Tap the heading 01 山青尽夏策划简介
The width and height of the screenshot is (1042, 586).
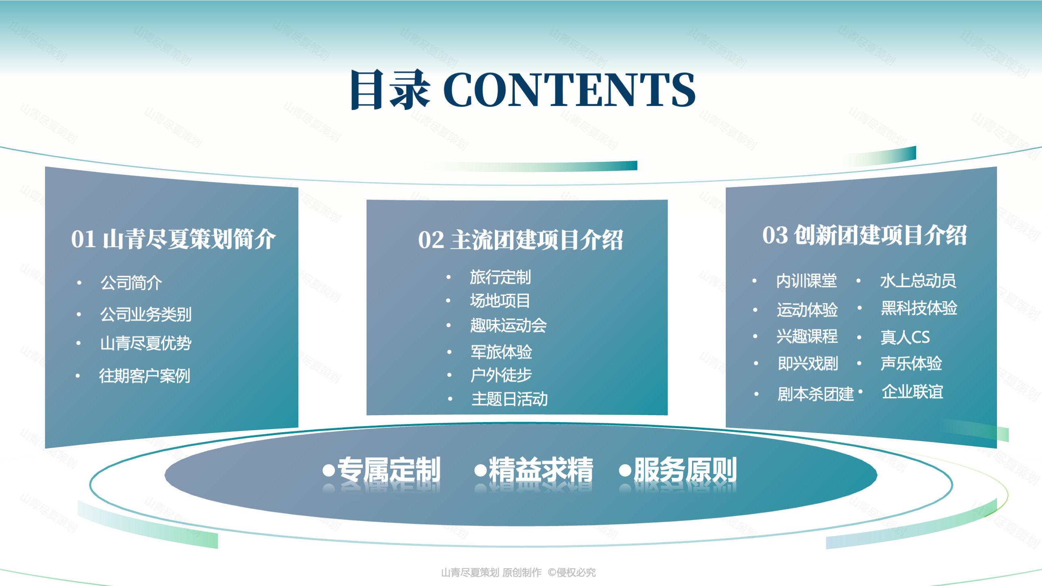pos(173,239)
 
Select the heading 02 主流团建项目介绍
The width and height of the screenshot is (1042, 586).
pos(520,240)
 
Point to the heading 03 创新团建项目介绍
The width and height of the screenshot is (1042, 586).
pos(865,235)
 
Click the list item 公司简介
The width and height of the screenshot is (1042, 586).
pos(131,282)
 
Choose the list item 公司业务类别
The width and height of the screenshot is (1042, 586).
pos(146,314)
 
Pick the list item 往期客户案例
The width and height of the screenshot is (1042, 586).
pos(145,376)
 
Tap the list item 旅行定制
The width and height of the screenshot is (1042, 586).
pos(501,277)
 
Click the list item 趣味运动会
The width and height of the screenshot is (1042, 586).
pos(508,325)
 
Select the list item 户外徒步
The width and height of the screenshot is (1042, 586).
pos(501,375)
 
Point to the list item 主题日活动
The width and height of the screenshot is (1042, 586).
pos(510,399)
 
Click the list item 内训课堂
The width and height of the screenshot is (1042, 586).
pos(807,281)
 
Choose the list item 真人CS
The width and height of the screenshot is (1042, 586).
pos(905,337)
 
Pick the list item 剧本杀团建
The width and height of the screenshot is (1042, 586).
pos(816,394)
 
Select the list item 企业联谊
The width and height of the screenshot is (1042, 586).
pos(913,392)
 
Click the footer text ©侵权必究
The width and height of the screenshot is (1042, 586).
pos(572,572)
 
